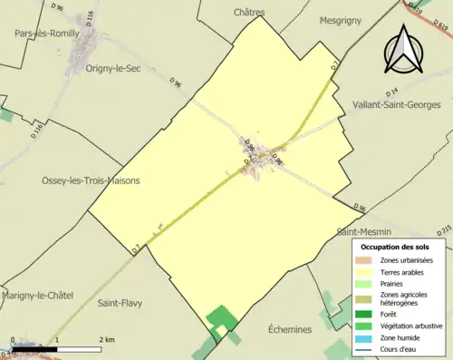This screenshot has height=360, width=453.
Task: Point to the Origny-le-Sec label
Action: point(116,67)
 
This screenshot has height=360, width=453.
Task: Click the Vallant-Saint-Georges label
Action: point(393,104)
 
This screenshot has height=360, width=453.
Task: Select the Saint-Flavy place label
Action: point(122,303)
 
